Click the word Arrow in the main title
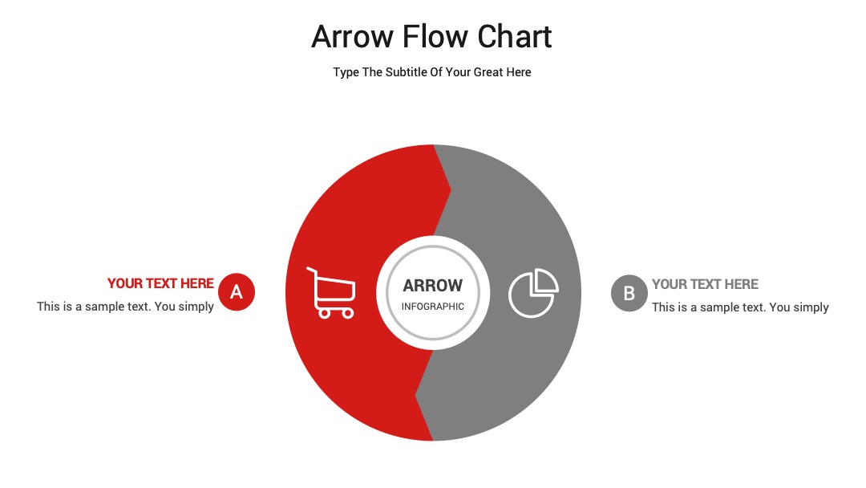tap(352, 37)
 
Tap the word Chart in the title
tap(514, 36)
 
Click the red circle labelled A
tap(237, 291)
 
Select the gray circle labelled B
tap(629, 293)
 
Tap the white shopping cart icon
tap(331, 293)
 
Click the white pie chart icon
tap(533, 293)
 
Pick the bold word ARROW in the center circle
tap(432, 285)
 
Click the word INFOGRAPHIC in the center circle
tap(432, 306)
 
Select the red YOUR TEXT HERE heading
tap(160, 283)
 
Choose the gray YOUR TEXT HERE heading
tap(705, 284)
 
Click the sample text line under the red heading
tap(125, 306)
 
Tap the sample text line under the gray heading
tap(740, 307)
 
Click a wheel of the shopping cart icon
tap(325, 314)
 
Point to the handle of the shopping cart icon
tap(312, 270)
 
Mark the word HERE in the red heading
tap(196, 283)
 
